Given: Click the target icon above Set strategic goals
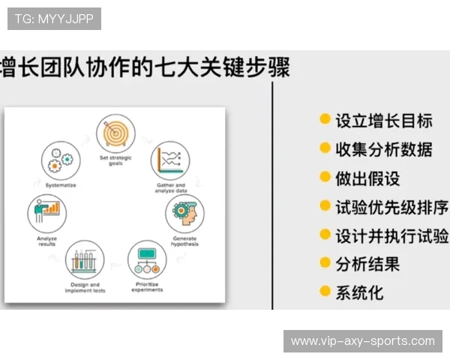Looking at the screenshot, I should pos(115,133).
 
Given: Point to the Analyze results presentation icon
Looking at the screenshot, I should pos(47,212).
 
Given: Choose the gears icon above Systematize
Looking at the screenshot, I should pos(60,160).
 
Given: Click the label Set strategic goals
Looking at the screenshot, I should pos(115,160).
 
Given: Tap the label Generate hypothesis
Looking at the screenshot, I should pos(184,241).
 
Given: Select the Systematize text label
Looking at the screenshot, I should pos(60,184).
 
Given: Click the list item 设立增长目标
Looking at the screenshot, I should pos(383,120).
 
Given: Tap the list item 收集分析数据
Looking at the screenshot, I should pos(383,148).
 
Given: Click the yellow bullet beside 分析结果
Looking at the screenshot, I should pos(325,262).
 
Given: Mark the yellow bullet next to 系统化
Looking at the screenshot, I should pos(325,291).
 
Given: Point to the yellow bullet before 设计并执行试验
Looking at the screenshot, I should pos(325,235).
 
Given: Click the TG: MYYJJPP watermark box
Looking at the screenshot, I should pos(54,19).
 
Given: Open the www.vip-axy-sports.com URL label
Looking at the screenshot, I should pos(362,340).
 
